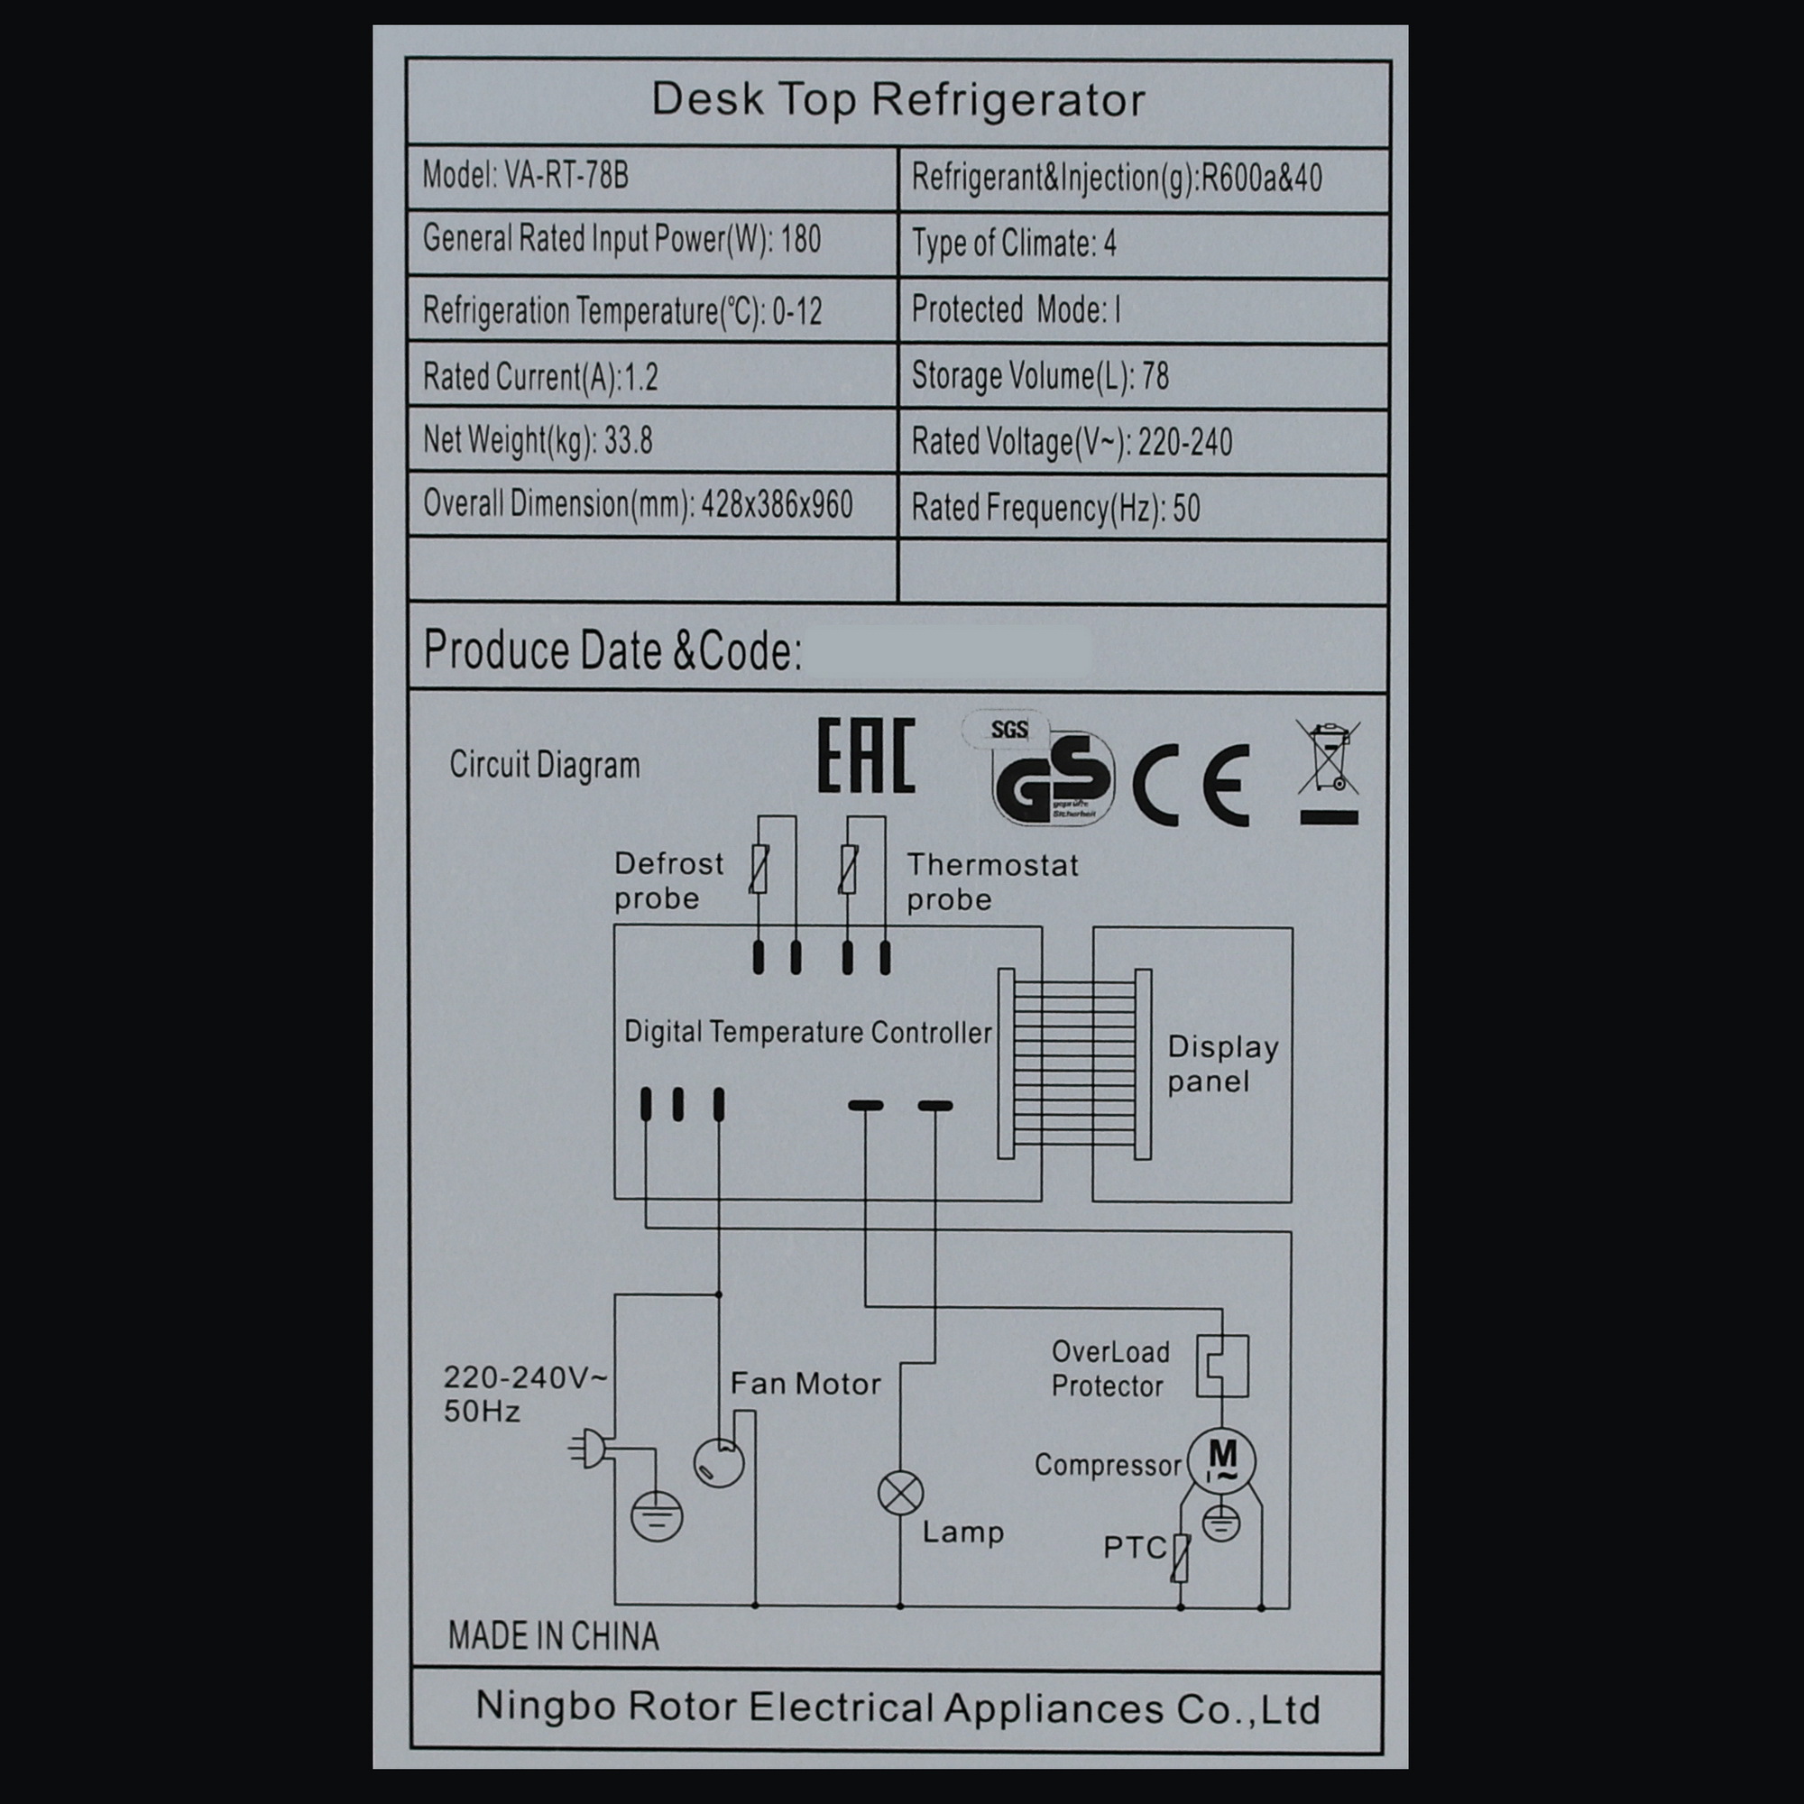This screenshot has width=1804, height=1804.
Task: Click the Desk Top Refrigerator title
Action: coord(897,100)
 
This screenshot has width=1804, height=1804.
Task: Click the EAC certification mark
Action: coord(866,757)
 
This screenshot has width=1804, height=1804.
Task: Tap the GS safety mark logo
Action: coord(1053,778)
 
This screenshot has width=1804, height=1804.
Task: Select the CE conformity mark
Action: coord(1192,785)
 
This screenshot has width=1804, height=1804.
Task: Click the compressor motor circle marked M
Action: coord(1221,1460)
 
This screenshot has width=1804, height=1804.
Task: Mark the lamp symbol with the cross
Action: coord(900,1494)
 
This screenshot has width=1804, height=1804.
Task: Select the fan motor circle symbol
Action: coord(718,1462)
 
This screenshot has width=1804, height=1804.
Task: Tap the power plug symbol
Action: coord(590,1450)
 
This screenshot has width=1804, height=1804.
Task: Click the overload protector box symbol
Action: coord(1222,1365)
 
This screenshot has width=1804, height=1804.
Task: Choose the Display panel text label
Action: coord(1221,1063)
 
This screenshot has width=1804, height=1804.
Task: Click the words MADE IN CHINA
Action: coord(553,1637)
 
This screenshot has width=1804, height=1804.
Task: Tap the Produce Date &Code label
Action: coord(612,651)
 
